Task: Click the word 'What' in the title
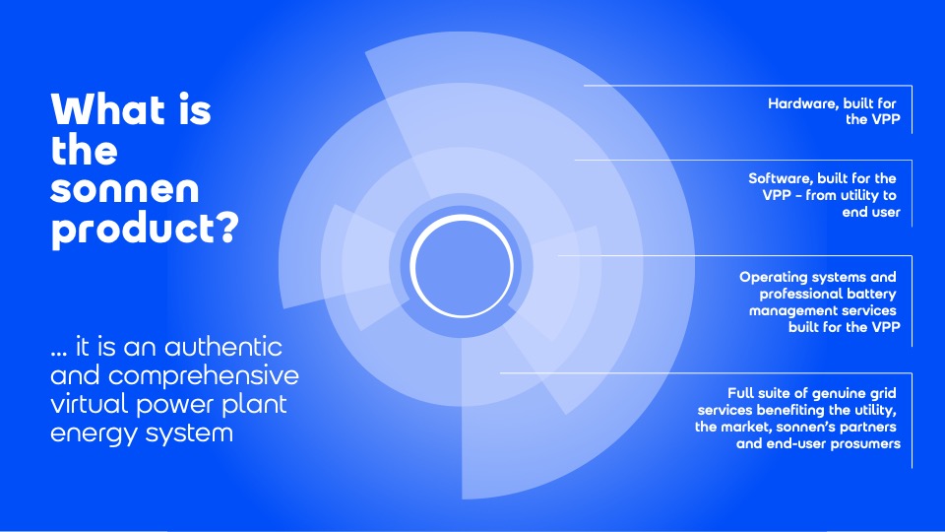click(108, 109)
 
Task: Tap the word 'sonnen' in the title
click(125, 189)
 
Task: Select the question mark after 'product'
click(227, 227)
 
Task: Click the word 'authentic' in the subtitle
click(223, 347)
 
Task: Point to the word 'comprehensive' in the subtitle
click(204, 376)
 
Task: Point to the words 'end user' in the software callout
click(871, 212)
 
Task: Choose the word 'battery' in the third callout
click(871, 295)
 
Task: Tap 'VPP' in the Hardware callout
click(885, 119)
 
